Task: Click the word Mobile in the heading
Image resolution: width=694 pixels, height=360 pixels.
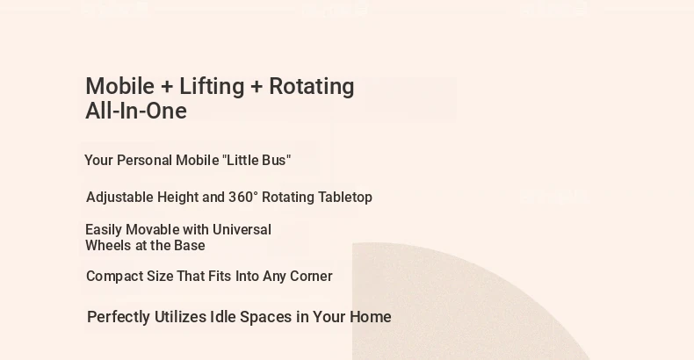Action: pyautogui.click(x=120, y=86)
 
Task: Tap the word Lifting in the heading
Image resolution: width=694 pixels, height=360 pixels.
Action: pyautogui.click(x=212, y=87)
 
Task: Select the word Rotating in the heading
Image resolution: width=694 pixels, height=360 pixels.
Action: pyautogui.click(x=312, y=87)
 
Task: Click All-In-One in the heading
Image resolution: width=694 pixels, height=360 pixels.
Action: pyautogui.click(x=136, y=111)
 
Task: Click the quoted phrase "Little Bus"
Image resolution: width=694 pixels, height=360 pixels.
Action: pyautogui.click(x=257, y=160)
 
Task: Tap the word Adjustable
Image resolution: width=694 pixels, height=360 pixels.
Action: pyautogui.click(x=119, y=198)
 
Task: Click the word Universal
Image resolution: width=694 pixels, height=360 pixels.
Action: pyautogui.click(x=242, y=229)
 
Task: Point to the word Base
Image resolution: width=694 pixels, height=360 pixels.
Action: pyautogui.click(x=190, y=246)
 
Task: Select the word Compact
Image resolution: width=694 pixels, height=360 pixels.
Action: pyautogui.click(x=114, y=277)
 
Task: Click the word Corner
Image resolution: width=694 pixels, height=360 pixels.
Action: pyautogui.click(x=311, y=277)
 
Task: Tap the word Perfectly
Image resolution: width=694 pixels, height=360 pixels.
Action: pyautogui.click(x=119, y=317)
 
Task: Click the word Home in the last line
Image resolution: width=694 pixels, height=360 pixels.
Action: pyautogui.click(x=371, y=317)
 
